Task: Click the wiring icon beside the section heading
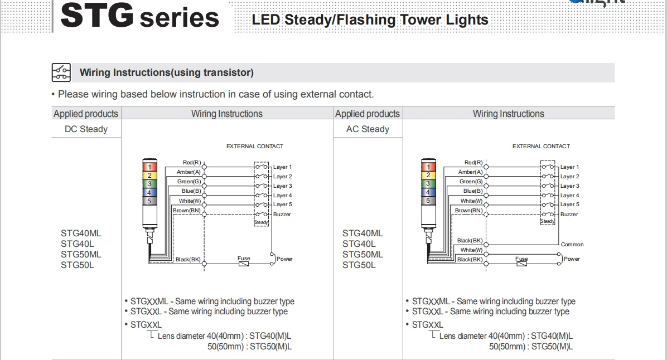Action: pos(61,72)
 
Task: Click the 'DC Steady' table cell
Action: pos(86,129)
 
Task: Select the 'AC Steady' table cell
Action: pos(368,129)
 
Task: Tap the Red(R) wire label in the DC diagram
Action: pos(192,163)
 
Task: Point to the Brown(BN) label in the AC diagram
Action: pos(469,211)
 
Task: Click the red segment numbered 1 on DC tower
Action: pos(149,167)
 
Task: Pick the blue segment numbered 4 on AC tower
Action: pos(428,192)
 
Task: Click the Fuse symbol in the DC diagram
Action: pos(244,264)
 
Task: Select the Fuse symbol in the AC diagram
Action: pos(521,264)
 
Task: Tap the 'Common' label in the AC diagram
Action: pos(572,245)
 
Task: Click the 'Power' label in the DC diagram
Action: pos(284,259)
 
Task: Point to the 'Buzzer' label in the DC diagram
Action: pos(282,215)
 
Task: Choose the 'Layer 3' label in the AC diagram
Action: pos(569,186)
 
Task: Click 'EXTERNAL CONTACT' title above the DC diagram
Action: pos(255,147)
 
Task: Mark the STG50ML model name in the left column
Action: pos(81,255)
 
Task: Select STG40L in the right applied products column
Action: pos(359,244)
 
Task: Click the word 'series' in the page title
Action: pos(179,18)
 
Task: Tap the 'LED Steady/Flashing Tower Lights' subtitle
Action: pos(370,20)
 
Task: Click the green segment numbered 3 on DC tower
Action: pos(149,183)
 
